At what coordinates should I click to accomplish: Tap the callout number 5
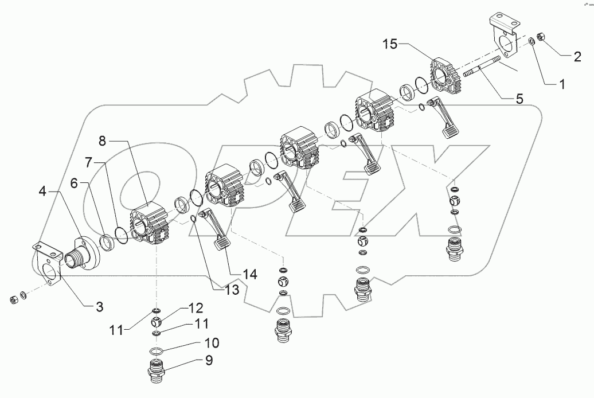[x=519, y=98]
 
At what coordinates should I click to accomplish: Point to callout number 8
[x=102, y=140]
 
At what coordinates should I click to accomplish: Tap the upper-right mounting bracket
[x=503, y=38]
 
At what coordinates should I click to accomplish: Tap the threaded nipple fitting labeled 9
[x=157, y=371]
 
